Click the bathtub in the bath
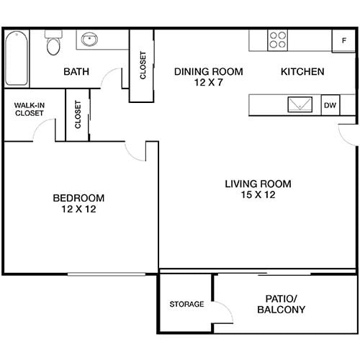[x=17, y=58]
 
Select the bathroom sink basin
[x=91, y=40]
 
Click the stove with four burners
[x=277, y=39]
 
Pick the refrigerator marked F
[x=343, y=40]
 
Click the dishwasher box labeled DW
[x=330, y=105]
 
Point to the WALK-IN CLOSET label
[x=30, y=109]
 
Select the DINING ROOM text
[x=209, y=72]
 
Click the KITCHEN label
[x=302, y=72]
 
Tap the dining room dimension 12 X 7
[x=209, y=84]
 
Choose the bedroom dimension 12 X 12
[x=78, y=210]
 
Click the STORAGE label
[x=186, y=304]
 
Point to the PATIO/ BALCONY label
[x=281, y=304]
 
